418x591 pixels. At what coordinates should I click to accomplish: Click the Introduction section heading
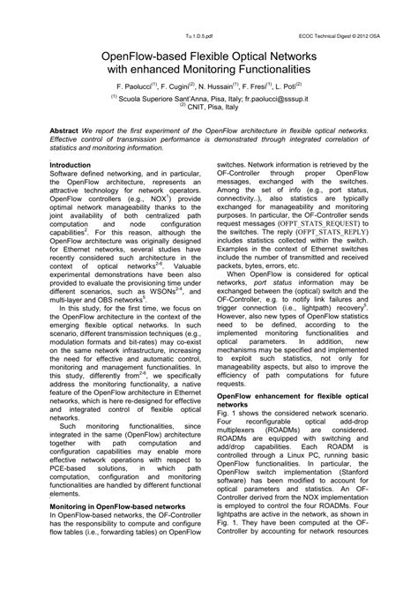[x=73, y=165]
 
